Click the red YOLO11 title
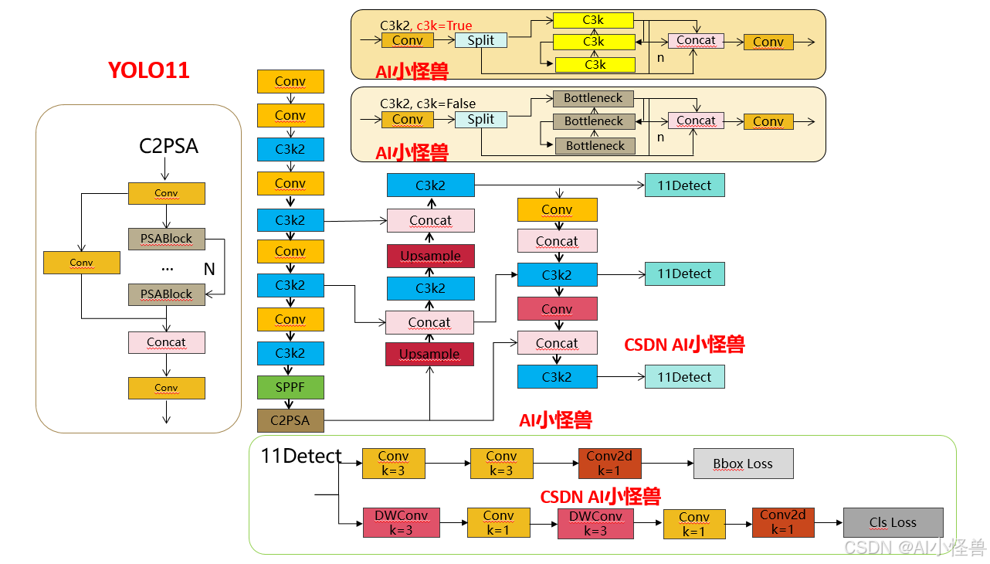(x=149, y=70)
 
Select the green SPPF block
(x=290, y=387)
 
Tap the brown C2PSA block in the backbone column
(x=290, y=420)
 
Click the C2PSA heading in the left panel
(x=168, y=145)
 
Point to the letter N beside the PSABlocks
(x=209, y=269)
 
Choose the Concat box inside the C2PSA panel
(x=166, y=342)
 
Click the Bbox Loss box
(x=743, y=464)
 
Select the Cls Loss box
(x=893, y=522)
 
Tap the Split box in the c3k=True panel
(x=480, y=40)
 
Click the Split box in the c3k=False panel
(x=480, y=119)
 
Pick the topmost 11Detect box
(x=684, y=185)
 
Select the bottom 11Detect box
(x=684, y=377)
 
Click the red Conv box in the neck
(x=557, y=309)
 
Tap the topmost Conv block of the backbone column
(x=290, y=81)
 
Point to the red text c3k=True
(x=445, y=25)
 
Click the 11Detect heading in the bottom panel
(x=301, y=456)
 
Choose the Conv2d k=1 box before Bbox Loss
(x=609, y=464)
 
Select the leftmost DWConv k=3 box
(x=401, y=523)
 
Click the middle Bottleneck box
(x=594, y=121)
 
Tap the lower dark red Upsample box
(x=429, y=354)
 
